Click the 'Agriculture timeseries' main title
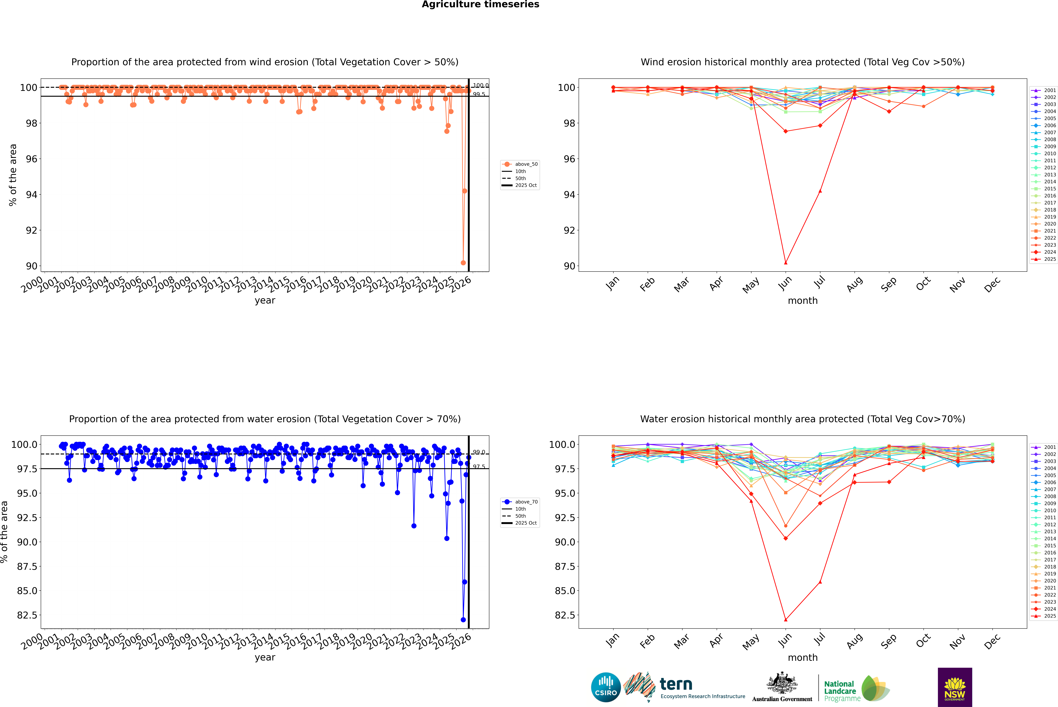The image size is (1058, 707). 480,4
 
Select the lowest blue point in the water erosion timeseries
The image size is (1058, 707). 463,619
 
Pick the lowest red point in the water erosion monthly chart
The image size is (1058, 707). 786,619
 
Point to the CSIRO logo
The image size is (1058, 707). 606,687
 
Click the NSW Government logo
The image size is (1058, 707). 955,687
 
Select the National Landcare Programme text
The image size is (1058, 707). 840,691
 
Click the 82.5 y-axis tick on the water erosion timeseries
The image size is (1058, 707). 27,615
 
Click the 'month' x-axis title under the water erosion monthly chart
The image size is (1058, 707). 802,657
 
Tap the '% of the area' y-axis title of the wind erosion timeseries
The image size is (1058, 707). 13,175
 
